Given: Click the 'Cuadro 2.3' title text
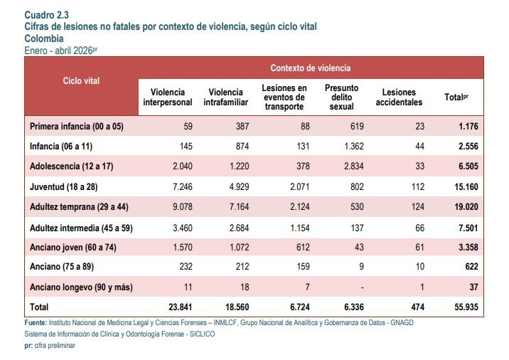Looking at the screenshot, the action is click(x=46, y=15).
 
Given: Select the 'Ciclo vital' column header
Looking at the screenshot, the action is click(x=81, y=80).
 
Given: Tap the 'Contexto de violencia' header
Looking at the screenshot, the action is click(x=311, y=68).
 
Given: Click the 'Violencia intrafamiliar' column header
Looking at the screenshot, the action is click(x=225, y=97).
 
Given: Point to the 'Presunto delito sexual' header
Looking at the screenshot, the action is click(x=341, y=97).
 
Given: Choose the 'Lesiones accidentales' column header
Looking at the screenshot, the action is click(x=399, y=97).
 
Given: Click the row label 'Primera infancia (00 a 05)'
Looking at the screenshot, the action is click(x=77, y=126).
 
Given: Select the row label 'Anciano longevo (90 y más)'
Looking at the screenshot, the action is click(x=81, y=287).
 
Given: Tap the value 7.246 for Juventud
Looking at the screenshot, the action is click(x=183, y=187).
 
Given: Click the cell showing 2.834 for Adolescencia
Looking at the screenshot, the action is click(x=354, y=166).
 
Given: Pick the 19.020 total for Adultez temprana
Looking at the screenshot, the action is click(x=466, y=207).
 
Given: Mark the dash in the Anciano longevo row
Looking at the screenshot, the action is click(x=362, y=287).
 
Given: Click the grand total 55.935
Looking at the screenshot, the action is click(x=466, y=307).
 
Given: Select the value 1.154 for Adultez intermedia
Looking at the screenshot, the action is click(x=300, y=228).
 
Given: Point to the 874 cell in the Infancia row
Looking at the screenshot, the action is click(x=242, y=147).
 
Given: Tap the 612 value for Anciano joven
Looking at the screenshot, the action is click(x=303, y=248).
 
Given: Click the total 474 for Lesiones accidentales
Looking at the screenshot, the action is click(x=417, y=307).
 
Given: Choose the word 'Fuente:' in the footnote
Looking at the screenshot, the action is click(x=36, y=322).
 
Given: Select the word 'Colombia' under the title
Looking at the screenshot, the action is click(x=44, y=38).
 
